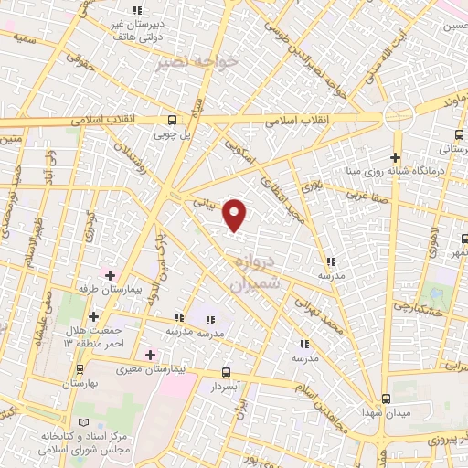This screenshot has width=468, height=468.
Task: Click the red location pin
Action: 236,214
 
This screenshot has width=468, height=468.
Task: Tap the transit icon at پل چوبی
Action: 173,120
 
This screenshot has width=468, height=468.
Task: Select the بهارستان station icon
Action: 80,369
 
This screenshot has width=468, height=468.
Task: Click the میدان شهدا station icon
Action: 386,398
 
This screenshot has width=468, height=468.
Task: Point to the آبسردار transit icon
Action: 227,372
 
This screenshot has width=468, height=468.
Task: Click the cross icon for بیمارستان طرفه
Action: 111,274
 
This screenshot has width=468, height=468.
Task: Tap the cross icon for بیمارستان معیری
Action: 150,354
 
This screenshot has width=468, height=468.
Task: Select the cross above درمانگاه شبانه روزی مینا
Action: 395,156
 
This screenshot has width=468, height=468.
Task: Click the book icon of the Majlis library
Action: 85,422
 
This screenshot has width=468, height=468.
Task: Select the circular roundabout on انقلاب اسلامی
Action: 397,116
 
